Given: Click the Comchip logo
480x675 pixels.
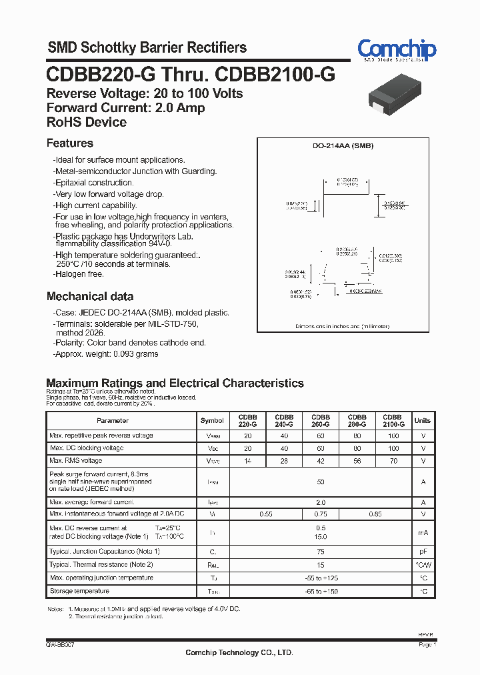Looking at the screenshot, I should tap(397, 49).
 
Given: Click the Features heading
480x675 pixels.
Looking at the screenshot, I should tap(70, 143).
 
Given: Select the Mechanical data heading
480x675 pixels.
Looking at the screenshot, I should tap(90, 296).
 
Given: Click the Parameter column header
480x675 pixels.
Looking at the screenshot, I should tap(113, 421).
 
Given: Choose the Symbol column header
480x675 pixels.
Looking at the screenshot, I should tap(212, 421).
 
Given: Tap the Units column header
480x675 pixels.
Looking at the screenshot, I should tap(423, 421).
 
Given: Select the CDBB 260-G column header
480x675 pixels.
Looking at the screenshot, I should tap(321, 420).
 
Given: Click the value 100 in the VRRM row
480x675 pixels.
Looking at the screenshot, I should tap(393, 436).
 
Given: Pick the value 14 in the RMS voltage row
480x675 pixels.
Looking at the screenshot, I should tap(248, 461).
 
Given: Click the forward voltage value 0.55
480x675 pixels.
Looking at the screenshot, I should tap(266, 514).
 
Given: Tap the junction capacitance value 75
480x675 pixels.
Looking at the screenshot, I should tap(321, 552).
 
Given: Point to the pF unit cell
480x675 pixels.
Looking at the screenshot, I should tap(423, 552).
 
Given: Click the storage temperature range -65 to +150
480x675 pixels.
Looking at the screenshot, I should tap(321, 592).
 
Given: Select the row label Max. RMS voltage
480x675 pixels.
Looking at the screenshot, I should tap(76, 461).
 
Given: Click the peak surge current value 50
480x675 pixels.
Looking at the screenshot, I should tap(321, 482).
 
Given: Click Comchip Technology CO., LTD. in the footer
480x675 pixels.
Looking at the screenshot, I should tap(239, 652).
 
